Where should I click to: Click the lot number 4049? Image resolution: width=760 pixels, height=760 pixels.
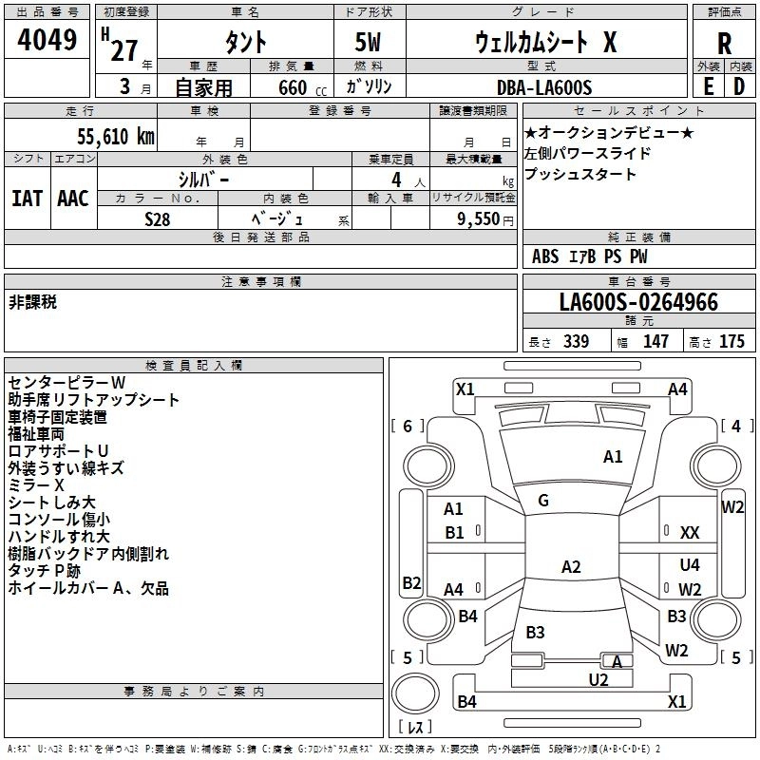pos(47,42)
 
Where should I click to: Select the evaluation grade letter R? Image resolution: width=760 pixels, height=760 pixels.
pos(725,44)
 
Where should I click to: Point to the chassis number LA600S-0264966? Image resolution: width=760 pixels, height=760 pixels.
pos(638,303)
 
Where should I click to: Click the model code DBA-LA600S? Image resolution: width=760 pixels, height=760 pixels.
pos(544,87)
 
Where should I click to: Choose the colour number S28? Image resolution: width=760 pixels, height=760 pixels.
pos(158,219)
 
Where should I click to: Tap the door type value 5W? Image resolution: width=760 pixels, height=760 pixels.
pos(370,44)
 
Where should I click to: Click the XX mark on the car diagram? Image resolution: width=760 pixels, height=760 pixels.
pos(691,533)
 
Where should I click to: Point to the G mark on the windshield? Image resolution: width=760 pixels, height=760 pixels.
pos(543,501)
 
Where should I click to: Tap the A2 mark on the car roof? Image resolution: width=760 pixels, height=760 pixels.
pos(570,567)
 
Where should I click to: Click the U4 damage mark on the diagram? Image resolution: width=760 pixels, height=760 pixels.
pos(690,565)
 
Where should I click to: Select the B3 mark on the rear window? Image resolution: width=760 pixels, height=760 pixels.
pos(535,632)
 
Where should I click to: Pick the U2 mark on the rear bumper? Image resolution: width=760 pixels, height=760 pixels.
pos(598,679)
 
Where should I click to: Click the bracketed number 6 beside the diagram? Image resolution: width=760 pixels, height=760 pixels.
pos(408,426)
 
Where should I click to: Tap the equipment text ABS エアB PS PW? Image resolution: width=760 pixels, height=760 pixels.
pos(577,256)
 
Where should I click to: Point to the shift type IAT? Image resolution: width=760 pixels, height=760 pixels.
pos(28,198)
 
